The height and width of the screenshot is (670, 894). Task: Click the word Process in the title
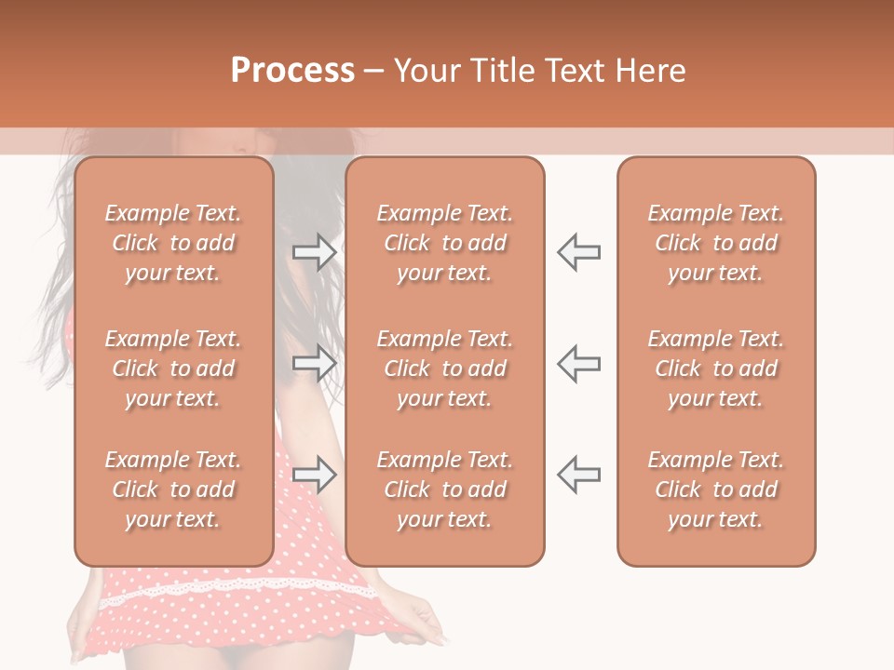coord(292,71)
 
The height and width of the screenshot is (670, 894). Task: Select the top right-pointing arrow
coord(314,252)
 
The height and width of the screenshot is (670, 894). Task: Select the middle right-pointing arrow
coord(314,364)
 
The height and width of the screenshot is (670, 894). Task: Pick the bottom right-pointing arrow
coord(314,475)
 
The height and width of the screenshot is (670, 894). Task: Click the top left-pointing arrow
coord(578,252)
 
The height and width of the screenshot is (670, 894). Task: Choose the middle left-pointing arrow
coord(578,364)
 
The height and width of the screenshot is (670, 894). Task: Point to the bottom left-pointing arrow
coord(578,475)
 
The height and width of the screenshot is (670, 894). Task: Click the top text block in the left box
coord(173,243)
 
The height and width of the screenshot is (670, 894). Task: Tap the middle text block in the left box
coord(173,368)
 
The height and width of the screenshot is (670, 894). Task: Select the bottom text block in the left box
coord(173,489)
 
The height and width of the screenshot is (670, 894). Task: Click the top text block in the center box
coord(445,243)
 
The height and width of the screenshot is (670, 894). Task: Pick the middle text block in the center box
coord(445,368)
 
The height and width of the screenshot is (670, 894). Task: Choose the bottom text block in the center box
coord(445,489)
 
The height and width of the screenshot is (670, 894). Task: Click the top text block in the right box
coord(716,243)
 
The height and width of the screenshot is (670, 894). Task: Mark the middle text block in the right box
coord(716,368)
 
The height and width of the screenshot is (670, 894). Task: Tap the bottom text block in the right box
coord(716,489)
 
